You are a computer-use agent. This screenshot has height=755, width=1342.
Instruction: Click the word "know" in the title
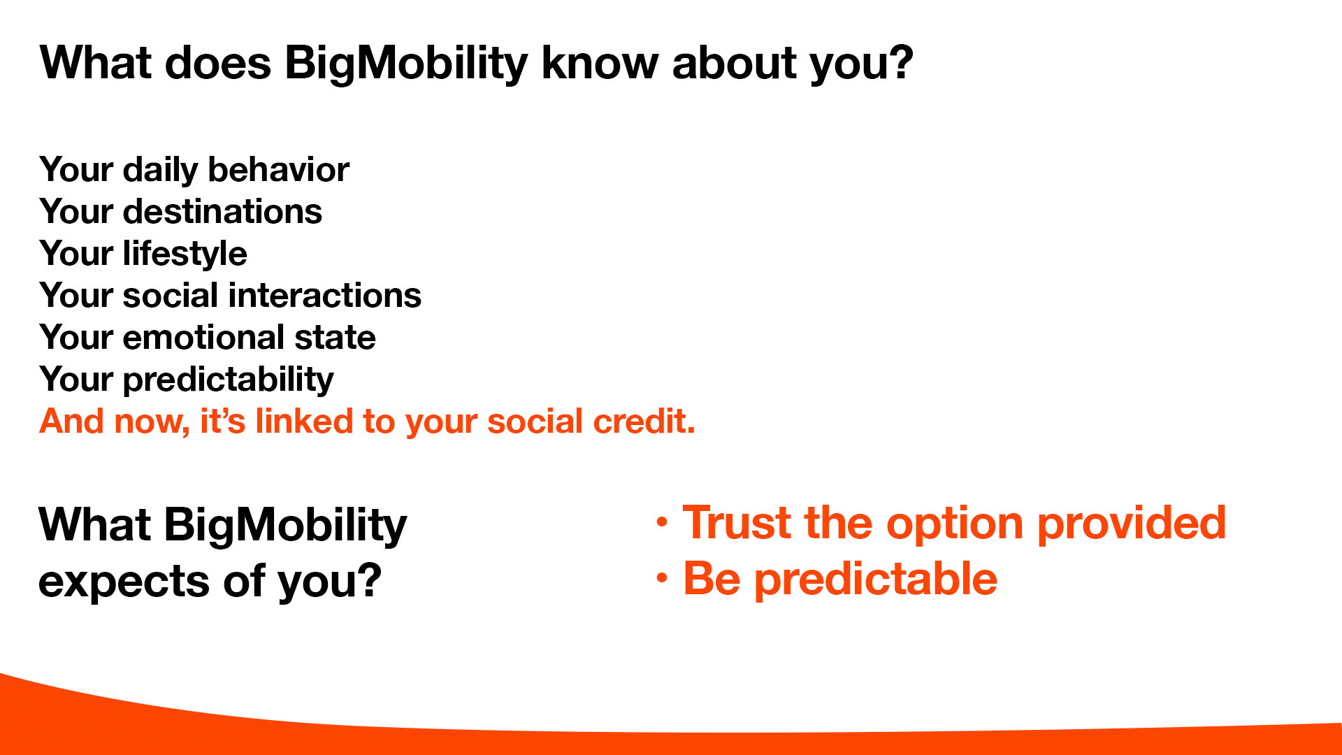(x=600, y=63)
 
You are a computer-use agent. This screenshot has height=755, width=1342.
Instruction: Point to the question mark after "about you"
(x=897, y=62)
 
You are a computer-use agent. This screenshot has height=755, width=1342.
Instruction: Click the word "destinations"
(x=222, y=211)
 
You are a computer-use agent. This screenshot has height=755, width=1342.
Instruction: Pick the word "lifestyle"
(x=185, y=254)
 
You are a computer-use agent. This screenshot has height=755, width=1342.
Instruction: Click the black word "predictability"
(x=228, y=380)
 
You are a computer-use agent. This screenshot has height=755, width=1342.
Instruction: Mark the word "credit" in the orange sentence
(x=644, y=422)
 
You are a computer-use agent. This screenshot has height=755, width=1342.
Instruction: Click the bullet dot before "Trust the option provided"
(x=662, y=522)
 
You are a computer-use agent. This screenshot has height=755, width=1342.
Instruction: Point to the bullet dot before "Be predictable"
(x=662, y=577)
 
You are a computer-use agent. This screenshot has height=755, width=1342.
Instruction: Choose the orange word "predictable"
(x=876, y=580)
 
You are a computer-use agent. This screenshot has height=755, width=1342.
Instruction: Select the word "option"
(x=955, y=524)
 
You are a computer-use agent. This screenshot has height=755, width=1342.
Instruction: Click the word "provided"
(x=1132, y=523)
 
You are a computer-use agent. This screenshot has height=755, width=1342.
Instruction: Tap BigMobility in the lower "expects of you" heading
(x=285, y=526)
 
